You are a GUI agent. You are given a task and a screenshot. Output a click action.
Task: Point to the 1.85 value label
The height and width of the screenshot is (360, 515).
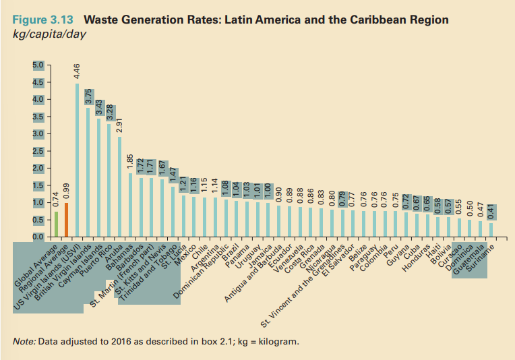pos(129,162)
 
